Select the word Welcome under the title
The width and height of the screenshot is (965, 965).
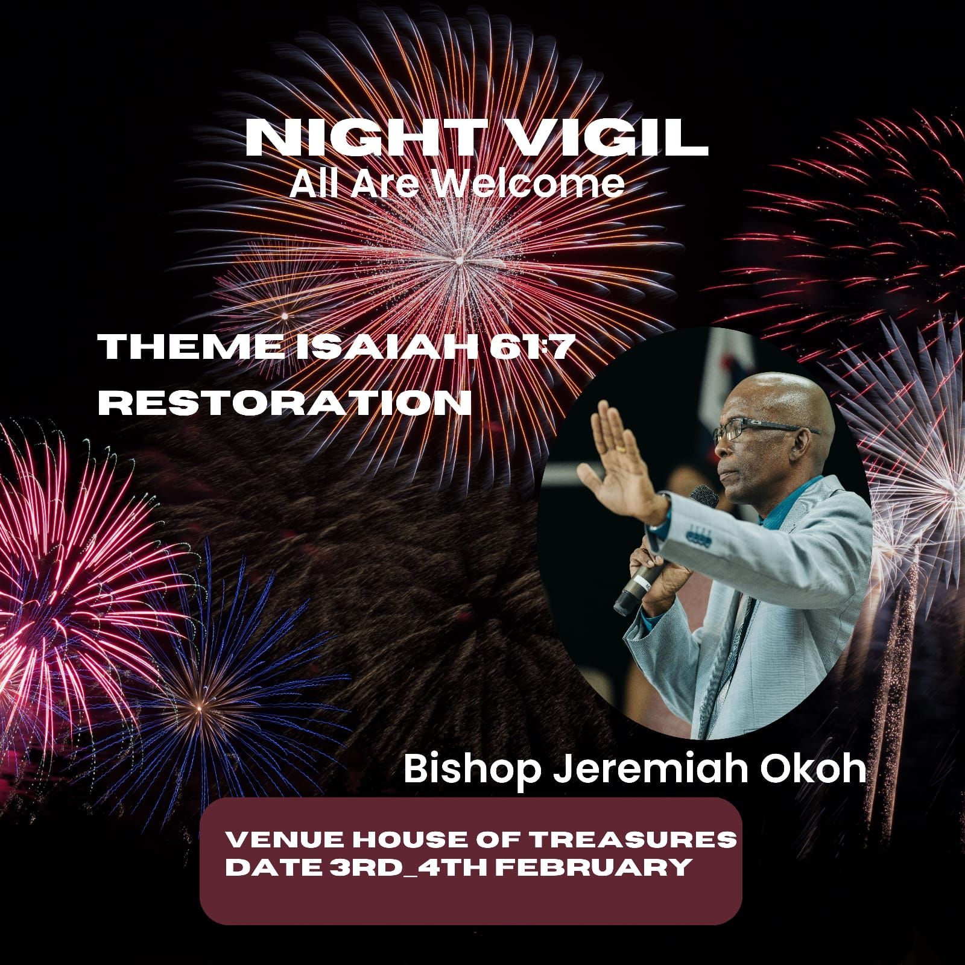530,184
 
